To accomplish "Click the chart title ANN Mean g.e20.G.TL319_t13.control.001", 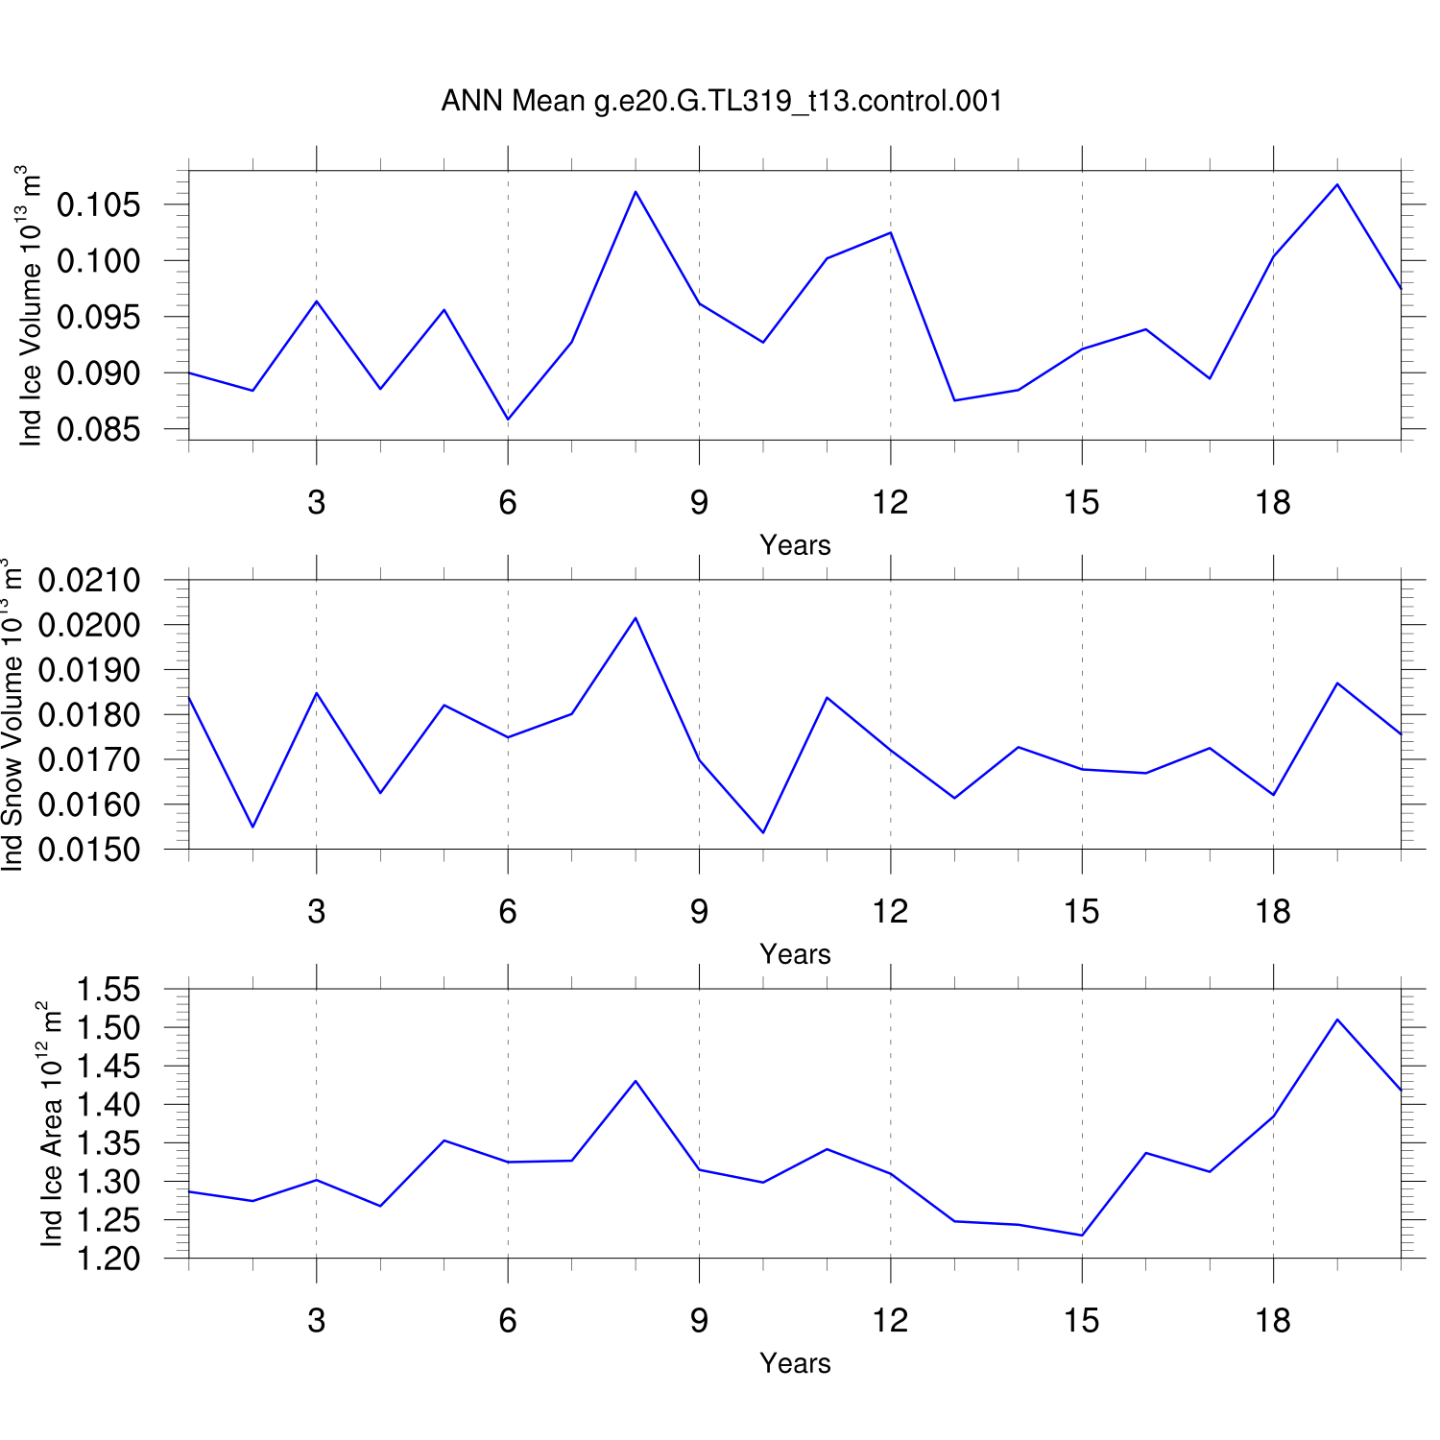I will coord(722,101).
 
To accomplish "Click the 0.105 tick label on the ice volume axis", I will coord(98,204).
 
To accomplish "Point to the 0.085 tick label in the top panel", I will coord(98,429).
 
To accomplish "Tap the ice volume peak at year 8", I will coord(636,192).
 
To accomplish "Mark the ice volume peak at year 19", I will coord(1337,184).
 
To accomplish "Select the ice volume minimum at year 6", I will coord(508,420).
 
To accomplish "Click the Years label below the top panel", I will coord(795,545).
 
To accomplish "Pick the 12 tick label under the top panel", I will coord(890,502).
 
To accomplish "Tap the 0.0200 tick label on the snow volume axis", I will coord(89,625).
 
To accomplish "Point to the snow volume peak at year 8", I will coord(636,618).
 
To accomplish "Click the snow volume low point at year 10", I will coord(763,832).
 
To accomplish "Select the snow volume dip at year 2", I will coord(252,827).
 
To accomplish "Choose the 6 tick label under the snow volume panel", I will coord(508,911).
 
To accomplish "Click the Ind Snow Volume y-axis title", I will coord(12,714).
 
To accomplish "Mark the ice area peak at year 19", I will coord(1337,1020).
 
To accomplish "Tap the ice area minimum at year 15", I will coord(1082,1236).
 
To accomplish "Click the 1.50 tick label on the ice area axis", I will coord(108,1027).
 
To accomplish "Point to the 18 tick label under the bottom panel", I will coord(1273,1321).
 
